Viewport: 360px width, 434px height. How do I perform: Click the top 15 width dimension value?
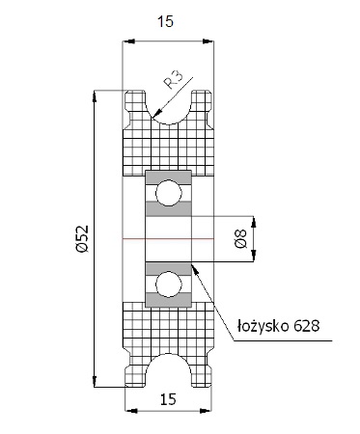[x=165, y=22]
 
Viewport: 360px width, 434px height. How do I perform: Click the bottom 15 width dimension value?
[x=168, y=399]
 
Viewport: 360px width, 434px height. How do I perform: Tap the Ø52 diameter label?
[x=81, y=239]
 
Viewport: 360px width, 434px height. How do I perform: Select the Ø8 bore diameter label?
[x=241, y=239]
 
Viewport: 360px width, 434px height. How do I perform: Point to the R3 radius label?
[x=174, y=80]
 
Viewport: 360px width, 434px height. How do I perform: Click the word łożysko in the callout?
[x=263, y=326]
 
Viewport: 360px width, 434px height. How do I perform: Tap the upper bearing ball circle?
[x=169, y=193]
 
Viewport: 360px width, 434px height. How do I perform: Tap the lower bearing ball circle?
[x=169, y=284]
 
